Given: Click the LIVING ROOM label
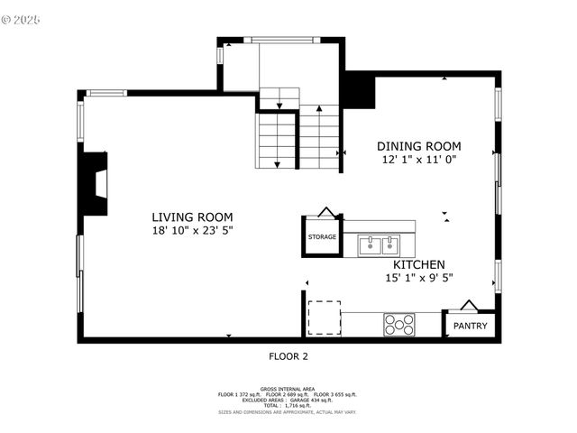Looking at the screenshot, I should pos(192,217).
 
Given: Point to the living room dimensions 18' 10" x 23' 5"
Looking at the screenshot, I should pos(192,231).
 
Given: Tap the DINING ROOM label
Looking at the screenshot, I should pos(418,146).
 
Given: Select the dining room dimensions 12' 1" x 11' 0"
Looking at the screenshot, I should pos(418,160).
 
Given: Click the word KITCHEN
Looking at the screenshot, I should pos(417,264).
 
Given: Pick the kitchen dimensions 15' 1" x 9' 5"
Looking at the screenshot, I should pos(417,278).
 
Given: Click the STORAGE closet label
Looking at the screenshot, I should pos(322,237).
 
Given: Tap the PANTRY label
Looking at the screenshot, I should pos(470,326).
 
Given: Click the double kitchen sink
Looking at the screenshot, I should pos(378,244).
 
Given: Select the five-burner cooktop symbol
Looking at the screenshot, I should pos(399,324).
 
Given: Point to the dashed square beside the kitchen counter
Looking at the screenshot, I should pos(324,318).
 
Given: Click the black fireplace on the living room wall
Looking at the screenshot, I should pos(94,183).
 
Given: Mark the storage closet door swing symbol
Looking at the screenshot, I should pos(326,212).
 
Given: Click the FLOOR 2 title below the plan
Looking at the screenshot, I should pos(288,356).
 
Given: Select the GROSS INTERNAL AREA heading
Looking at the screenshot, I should pos(288,389).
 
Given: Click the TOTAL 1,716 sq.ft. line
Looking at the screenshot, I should pos(288,405).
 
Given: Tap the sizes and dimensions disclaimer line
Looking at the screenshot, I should pos(288,411).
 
